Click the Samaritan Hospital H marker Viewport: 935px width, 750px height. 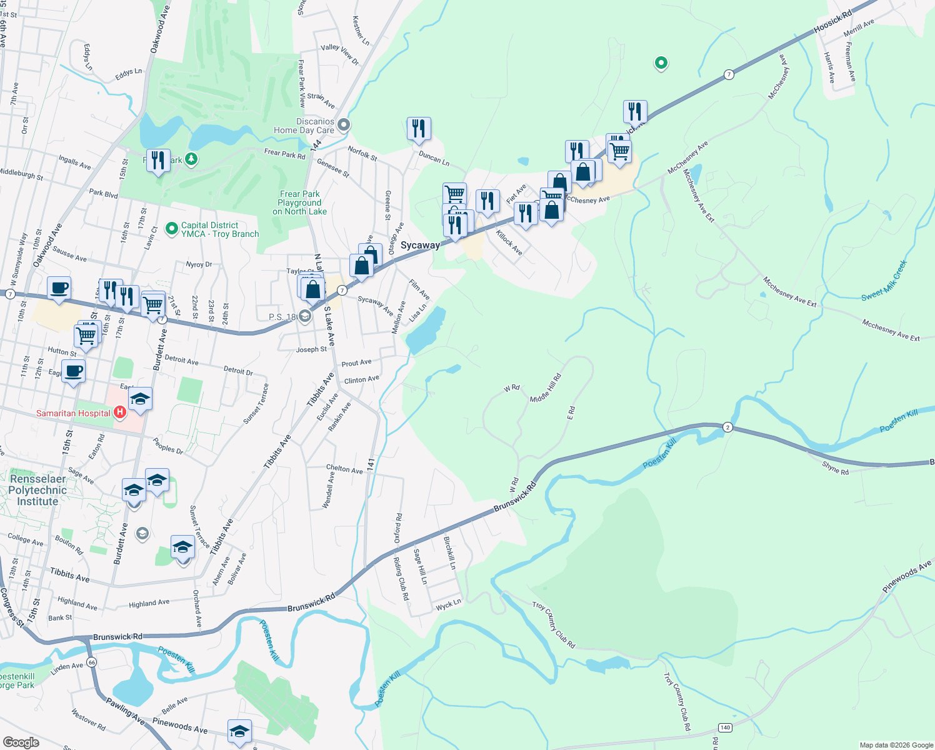[120, 412]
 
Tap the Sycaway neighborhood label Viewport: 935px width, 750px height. [420, 245]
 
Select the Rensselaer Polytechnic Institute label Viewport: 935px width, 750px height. [37, 490]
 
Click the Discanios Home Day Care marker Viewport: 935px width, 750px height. [344, 126]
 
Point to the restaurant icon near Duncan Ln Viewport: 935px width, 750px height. [419, 129]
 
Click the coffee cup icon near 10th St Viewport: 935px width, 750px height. [59, 288]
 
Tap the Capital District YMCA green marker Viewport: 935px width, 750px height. [172, 229]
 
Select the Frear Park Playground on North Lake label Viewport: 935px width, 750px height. [299, 203]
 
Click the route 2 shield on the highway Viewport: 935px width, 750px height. [727, 427]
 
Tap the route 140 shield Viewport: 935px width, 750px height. [725, 727]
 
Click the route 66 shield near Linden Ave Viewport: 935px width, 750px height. [92, 662]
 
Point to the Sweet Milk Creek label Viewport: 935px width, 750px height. [884, 281]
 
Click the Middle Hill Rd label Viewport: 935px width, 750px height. [546, 388]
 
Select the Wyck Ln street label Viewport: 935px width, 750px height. [448, 605]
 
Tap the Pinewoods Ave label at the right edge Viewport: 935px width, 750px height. [907, 577]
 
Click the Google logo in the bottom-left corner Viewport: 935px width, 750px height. [21, 742]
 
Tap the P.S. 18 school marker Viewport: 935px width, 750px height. [304, 316]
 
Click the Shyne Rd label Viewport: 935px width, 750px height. [835, 468]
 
